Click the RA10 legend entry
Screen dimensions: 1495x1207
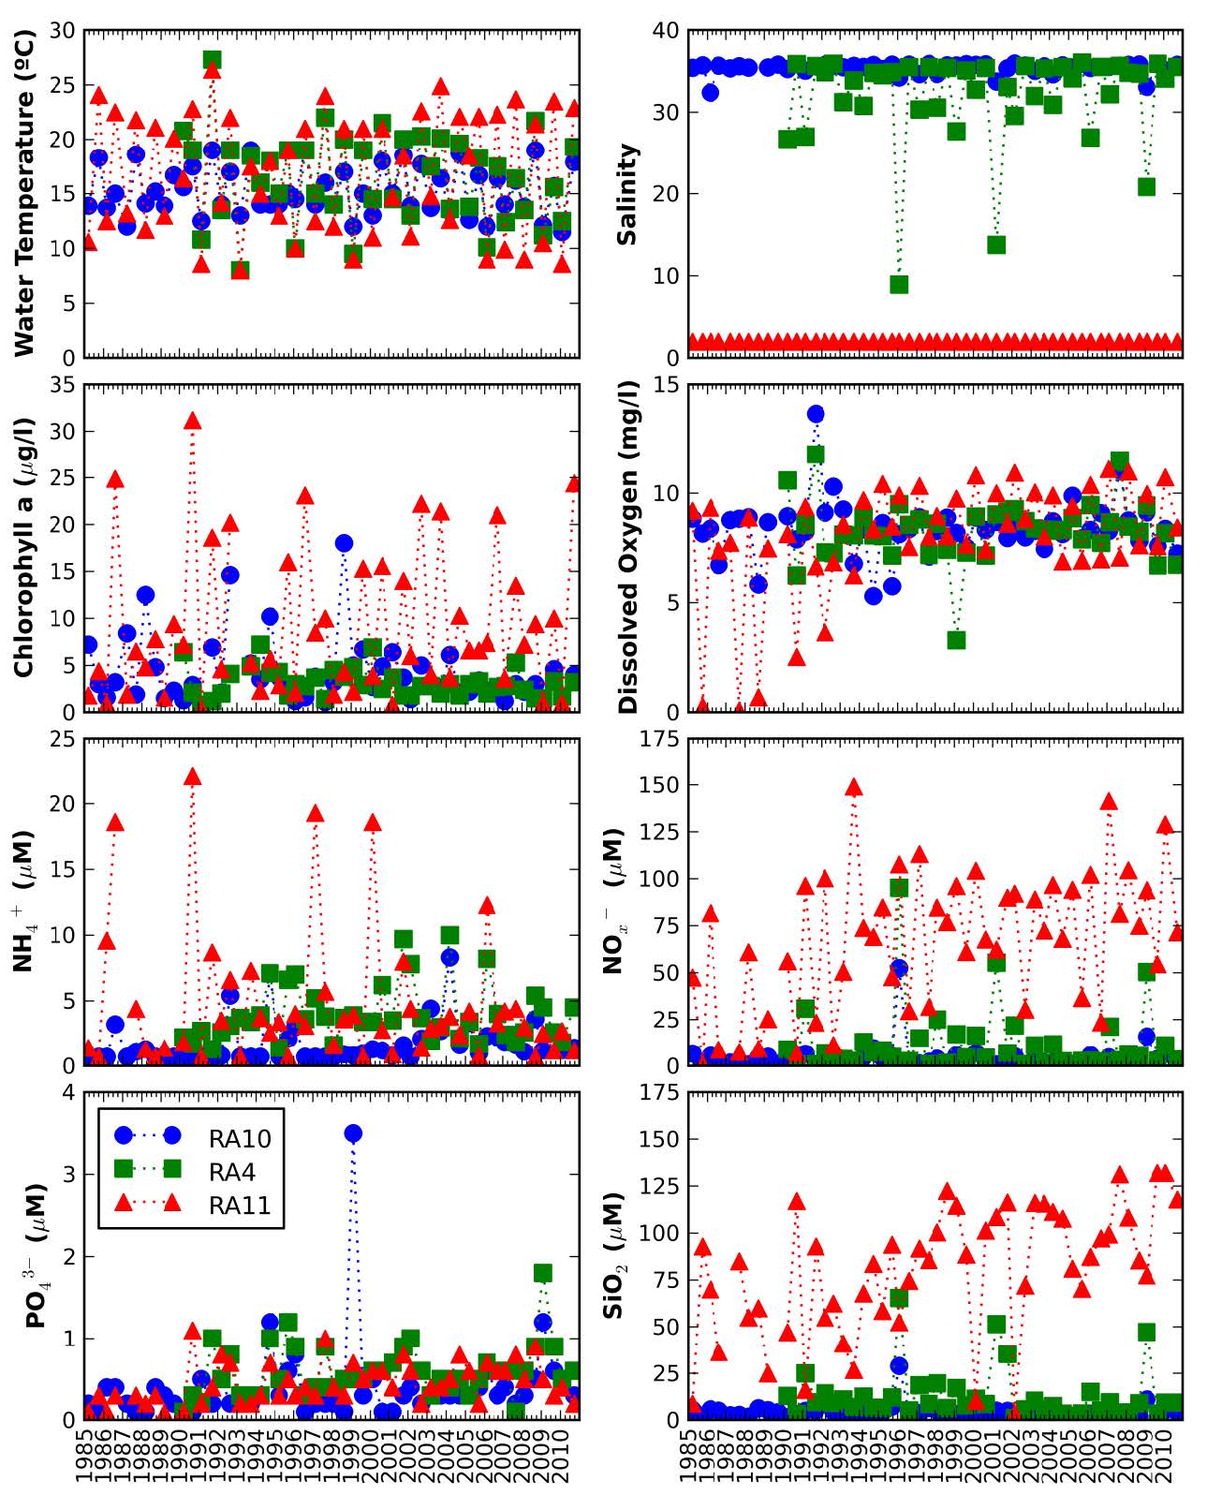coord(239,1138)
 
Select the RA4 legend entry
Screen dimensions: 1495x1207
coord(231,1171)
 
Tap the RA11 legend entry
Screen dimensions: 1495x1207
coord(239,1206)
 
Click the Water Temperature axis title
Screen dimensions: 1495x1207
coord(25,193)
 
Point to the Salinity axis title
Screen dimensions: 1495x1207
coord(626,194)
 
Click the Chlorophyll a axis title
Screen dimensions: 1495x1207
coord(25,548)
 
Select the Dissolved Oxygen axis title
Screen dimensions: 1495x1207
coord(628,548)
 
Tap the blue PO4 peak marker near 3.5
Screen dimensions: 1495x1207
coord(353,1133)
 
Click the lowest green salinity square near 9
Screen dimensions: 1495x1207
coord(899,284)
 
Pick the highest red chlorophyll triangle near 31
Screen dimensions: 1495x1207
coord(193,421)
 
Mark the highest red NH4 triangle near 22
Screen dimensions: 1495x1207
coord(193,777)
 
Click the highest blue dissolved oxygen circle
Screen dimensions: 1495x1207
coord(816,414)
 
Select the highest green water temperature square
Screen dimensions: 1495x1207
coord(213,60)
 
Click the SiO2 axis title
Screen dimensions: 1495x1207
coord(616,1255)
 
